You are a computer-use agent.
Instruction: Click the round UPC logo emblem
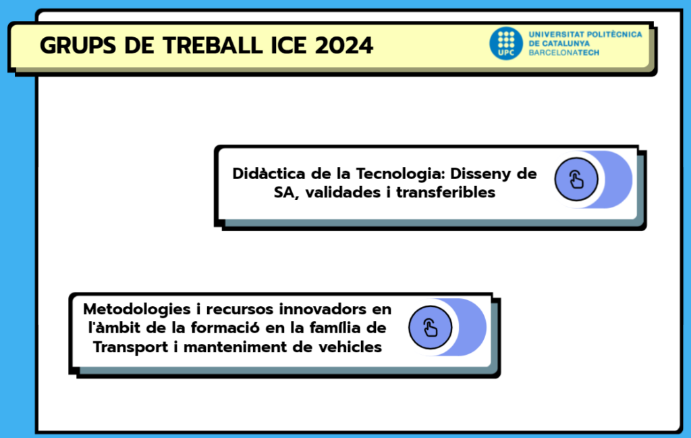pyautogui.click(x=506, y=43)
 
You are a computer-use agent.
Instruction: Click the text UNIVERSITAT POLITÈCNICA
pyautogui.click(x=585, y=34)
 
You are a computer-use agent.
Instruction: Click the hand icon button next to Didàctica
pyautogui.click(x=576, y=180)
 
